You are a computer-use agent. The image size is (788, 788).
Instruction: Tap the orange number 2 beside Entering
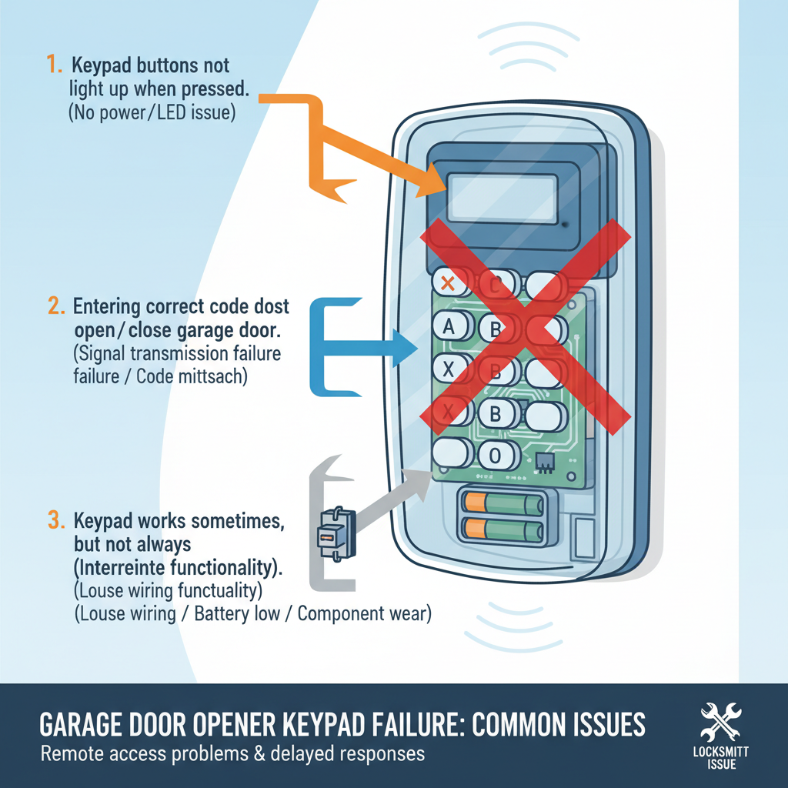55,306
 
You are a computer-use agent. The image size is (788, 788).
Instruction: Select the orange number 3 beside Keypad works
55,519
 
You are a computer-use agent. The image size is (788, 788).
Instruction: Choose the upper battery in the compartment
503,504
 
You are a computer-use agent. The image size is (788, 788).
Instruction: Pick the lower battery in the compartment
503,529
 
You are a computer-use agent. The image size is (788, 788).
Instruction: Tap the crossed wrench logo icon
720,721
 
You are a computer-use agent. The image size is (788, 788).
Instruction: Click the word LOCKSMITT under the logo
720,752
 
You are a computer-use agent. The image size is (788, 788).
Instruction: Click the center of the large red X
523,322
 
